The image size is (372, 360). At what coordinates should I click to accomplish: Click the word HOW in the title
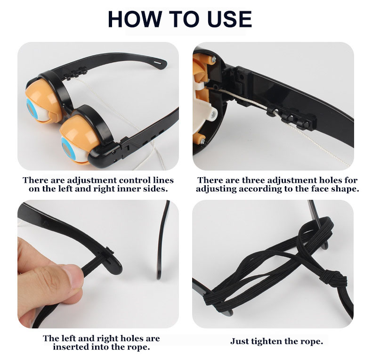(x=135, y=19)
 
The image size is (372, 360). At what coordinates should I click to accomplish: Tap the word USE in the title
(x=229, y=19)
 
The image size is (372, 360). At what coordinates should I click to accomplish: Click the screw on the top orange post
(x=213, y=58)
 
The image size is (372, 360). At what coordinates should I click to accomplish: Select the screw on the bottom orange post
(x=202, y=141)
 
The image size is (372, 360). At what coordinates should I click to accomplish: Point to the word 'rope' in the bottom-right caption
(x=312, y=342)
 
